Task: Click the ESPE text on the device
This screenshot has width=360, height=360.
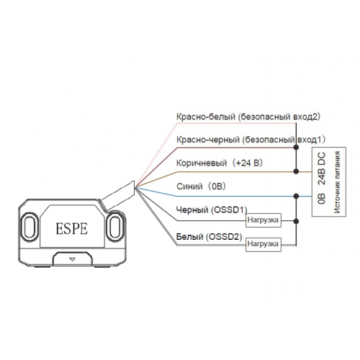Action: click(72, 228)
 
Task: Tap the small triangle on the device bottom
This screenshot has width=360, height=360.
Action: click(72, 259)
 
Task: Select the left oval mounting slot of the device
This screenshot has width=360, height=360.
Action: click(30, 227)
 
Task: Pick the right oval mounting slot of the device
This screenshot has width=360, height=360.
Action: click(115, 227)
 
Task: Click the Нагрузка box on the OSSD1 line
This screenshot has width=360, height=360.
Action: click(264, 220)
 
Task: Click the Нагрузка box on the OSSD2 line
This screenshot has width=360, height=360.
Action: click(264, 244)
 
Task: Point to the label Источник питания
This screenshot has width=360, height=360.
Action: click(337, 182)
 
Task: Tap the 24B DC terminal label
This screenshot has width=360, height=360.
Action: click(322, 168)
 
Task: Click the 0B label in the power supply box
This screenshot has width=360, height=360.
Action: click(322, 199)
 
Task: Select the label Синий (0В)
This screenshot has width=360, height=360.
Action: click(201, 186)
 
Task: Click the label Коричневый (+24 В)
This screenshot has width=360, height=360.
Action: click(220, 163)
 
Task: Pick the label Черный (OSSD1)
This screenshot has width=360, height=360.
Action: click(212, 210)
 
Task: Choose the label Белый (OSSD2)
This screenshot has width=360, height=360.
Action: click(210, 237)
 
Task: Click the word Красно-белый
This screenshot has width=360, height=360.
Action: click(206, 117)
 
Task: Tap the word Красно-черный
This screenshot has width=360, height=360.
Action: click(208, 140)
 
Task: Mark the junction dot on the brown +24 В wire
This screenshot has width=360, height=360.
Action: click(297, 171)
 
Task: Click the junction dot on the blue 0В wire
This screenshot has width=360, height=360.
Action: click(297, 196)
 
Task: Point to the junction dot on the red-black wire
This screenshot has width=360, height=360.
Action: click(297, 147)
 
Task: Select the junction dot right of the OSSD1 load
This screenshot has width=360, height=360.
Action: click(297, 221)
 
